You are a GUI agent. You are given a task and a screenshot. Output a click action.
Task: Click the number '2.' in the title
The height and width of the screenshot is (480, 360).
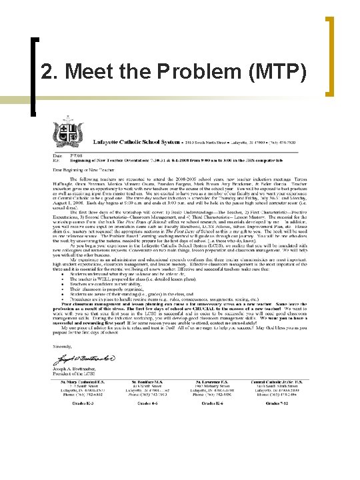[x=52, y=71]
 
